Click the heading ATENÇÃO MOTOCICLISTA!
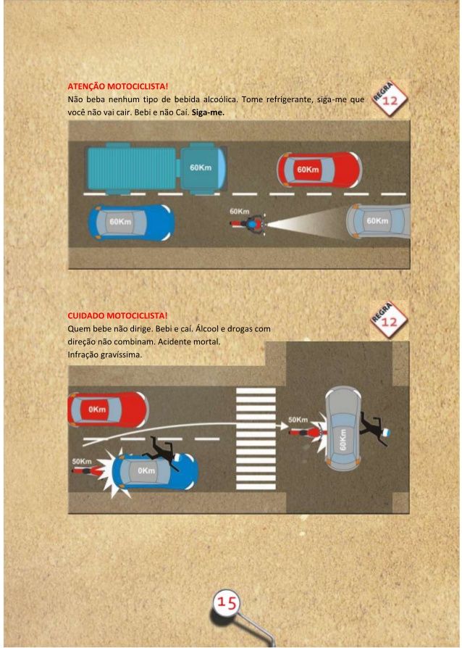pyautogui.click(x=117, y=86)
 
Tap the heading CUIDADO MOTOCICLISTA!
pyautogui.click(x=117, y=316)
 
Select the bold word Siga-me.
pyautogui.click(x=208, y=112)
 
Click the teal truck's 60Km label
pyautogui.click(x=201, y=167)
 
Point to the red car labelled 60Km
pyautogui.click(x=319, y=170)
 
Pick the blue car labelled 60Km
pyautogui.click(x=131, y=223)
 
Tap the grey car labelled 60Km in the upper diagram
pyautogui.click(x=378, y=221)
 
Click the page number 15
pyautogui.click(x=226, y=602)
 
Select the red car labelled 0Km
pyautogui.click(x=107, y=409)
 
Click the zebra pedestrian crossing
pyautogui.click(x=256, y=438)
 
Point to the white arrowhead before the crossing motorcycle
pyautogui.click(x=283, y=425)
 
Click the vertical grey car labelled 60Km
pyautogui.click(x=343, y=429)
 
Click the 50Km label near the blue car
pyautogui.click(x=82, y=461)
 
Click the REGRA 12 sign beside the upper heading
pyautogui.click(x=390, y=99)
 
